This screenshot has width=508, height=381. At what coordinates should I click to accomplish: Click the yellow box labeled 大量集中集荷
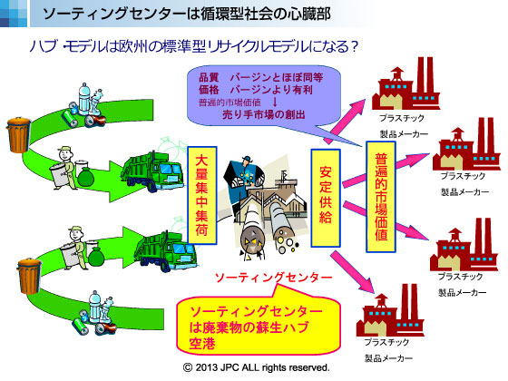(x=201, y=195)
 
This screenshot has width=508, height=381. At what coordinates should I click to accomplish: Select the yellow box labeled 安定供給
(x=326, y=198)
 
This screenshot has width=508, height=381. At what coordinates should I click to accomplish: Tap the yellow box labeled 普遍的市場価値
(x=381, y=197)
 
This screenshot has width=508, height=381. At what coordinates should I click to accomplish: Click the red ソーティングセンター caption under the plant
(x=274, y=278)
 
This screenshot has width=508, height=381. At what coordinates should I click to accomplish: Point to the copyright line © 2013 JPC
(x=256, y=367)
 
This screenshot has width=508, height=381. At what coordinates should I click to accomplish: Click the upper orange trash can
(x=19, y=134)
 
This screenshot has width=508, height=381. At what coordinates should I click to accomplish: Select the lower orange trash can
(x=29, y=276)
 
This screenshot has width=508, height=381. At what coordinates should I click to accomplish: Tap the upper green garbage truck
(x=151, y=171)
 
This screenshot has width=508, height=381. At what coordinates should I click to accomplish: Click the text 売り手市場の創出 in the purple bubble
(x=264, y=114)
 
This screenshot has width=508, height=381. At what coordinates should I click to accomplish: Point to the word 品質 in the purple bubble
(x=209, y=77)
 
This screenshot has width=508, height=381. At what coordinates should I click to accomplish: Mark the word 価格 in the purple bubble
(x=209, y=90)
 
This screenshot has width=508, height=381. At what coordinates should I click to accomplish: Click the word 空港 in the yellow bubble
(x=202, y=344)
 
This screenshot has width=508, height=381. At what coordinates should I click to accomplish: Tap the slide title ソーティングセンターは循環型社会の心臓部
(x=187, y=14)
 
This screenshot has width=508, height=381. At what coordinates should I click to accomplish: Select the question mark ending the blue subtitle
(x=354, y=47)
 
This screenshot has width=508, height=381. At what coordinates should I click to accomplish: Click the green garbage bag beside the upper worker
(x=85, y=177)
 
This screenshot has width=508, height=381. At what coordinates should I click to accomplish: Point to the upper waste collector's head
(x=64, y=153)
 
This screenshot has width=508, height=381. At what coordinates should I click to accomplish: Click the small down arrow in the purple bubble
(x=275, y=102)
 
